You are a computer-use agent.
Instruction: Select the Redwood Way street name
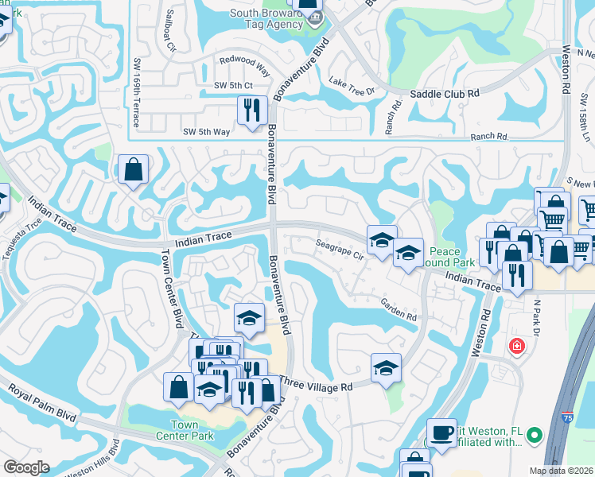point(245,66)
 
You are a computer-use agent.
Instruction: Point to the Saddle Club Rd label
point(445,94)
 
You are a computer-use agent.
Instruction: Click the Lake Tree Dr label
point(352,86)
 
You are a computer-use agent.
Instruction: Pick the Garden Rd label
point(399,310)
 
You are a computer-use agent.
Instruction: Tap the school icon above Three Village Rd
point(386,367)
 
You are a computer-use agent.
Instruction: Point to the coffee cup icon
point(442,432)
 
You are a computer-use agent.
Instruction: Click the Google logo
point(26,467)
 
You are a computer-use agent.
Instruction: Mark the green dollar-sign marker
point(535,435)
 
